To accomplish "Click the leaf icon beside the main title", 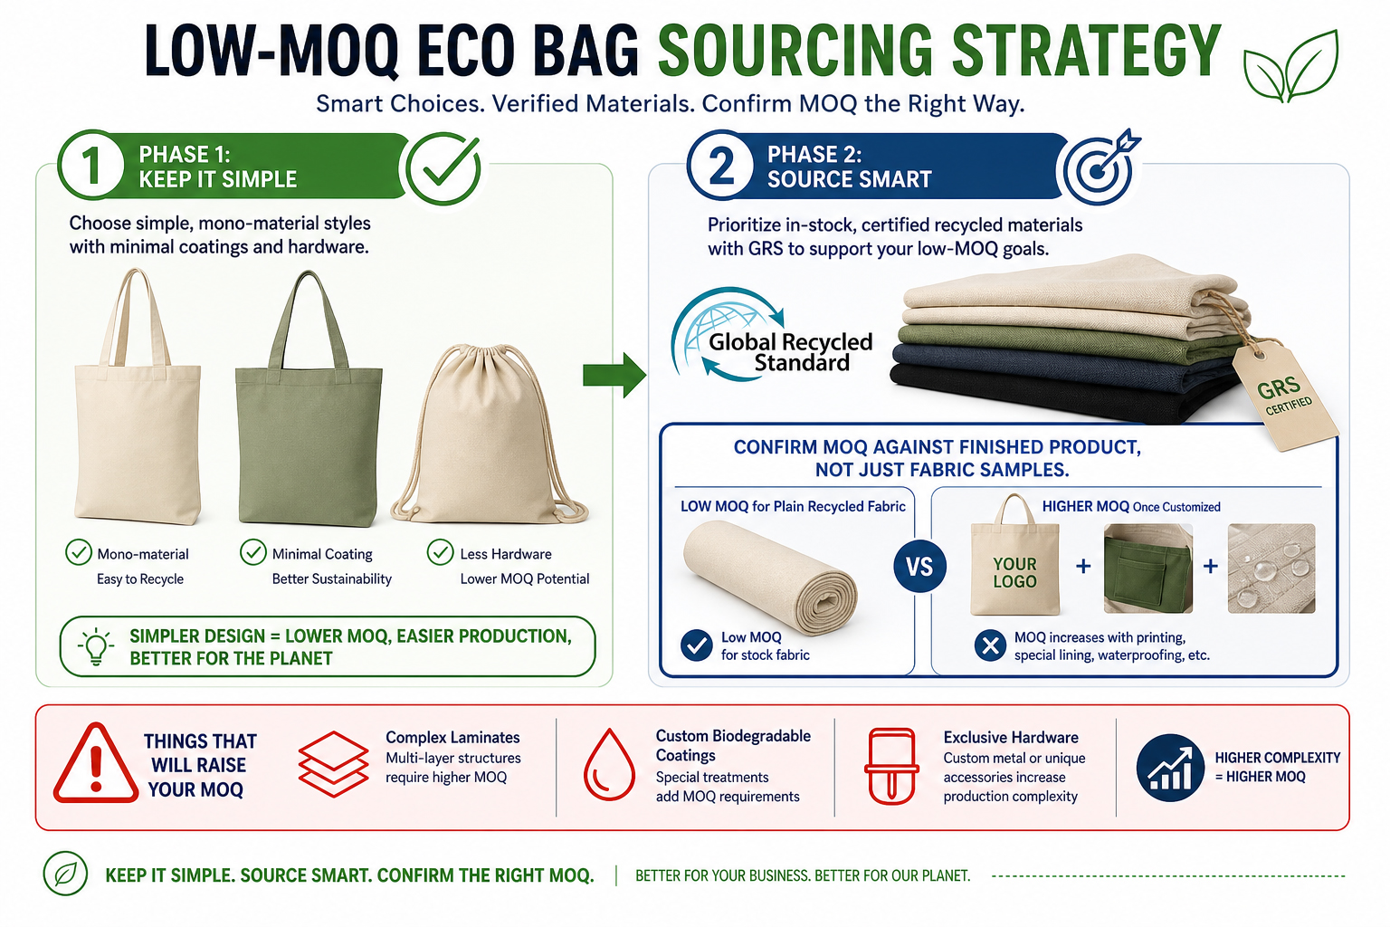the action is click(x=1290, y=67).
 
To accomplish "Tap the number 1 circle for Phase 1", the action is click(x=91, y=165).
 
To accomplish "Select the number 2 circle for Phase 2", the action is click(x=721, y=165).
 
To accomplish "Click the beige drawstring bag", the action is click(x=488, y=435).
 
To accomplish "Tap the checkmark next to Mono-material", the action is click(x=79, y=552).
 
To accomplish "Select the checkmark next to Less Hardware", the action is click(x=440, y=552).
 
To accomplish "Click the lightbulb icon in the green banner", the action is click(x=96, y=646).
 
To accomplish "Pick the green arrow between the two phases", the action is click(x=614, y=375).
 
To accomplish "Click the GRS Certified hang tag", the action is click(x=1283, y=395).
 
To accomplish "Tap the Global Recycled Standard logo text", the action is click(x=790, y=352).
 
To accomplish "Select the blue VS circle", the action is click(x=919, y=567).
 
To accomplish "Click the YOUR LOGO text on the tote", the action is click(x=1014, y=572).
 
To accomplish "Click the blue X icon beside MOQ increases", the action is click(x=990, y=645).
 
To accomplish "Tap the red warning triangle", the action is click(x=96, y=763).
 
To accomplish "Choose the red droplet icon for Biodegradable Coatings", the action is click(x=609, y=764).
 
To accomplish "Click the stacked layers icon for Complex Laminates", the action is click(x=333, y=764).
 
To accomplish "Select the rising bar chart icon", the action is click(x=1170, y=768).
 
